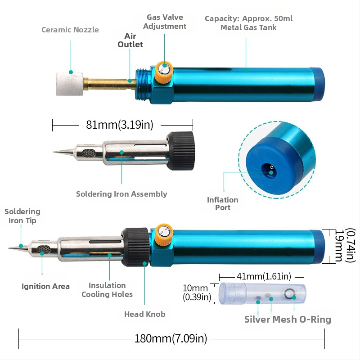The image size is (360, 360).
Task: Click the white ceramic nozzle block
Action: [x=70, y=84]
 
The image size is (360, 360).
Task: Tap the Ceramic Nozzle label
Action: [x=70, y=30]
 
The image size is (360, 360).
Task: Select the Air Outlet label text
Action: [x=130, y=40]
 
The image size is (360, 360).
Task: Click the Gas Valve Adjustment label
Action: [x=165, y=22]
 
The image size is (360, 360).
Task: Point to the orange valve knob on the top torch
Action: [x=164, y=72]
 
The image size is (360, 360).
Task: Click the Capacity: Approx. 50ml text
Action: [x=249, y=18]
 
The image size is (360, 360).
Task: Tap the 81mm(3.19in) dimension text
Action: [x=120, y=125]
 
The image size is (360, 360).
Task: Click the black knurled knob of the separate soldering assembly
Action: [x=181, y=151]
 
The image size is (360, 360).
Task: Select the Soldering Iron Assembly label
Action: [x=121, y=194]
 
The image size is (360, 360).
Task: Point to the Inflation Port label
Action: [x=222, y=204]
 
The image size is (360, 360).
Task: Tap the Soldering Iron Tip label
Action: [x=22, y=216]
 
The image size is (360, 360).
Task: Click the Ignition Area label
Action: [x=45, y=286]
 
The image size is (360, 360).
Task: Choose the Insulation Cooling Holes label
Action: [x=107, y=290]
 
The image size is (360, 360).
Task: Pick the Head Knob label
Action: [x=144, y=314]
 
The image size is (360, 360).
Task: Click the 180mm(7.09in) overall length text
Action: [x=171, y=339]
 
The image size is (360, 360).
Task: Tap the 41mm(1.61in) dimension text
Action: [x=264, y=276]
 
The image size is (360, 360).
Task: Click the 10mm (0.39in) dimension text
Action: [x=197, y=292]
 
